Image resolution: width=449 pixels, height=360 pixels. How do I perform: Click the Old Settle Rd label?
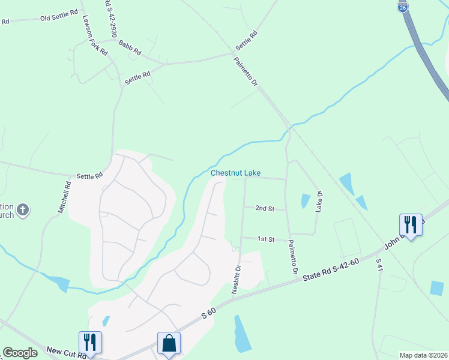(59, 18)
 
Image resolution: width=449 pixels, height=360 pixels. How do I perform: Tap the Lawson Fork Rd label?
(95, 36)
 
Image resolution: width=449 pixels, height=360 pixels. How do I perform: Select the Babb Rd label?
(129, 47)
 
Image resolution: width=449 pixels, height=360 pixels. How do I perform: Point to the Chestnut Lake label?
(235, 173)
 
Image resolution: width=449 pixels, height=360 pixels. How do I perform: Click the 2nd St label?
(265, 209)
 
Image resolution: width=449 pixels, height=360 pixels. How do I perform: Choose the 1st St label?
(266, 239)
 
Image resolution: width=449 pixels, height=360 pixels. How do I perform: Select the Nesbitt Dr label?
(237, 279)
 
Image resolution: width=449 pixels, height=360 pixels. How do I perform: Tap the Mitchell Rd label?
(64, 199)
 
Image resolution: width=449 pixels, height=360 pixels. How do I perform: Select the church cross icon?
(22, 210)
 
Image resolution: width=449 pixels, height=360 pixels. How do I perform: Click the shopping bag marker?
(169, 344)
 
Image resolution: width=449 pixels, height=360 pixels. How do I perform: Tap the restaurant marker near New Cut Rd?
(90, 343)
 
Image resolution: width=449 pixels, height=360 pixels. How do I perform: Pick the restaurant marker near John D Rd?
(411, 225)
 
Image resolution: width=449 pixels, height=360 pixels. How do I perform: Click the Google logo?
(20, 353)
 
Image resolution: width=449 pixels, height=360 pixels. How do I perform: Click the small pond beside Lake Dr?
(305, 201)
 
